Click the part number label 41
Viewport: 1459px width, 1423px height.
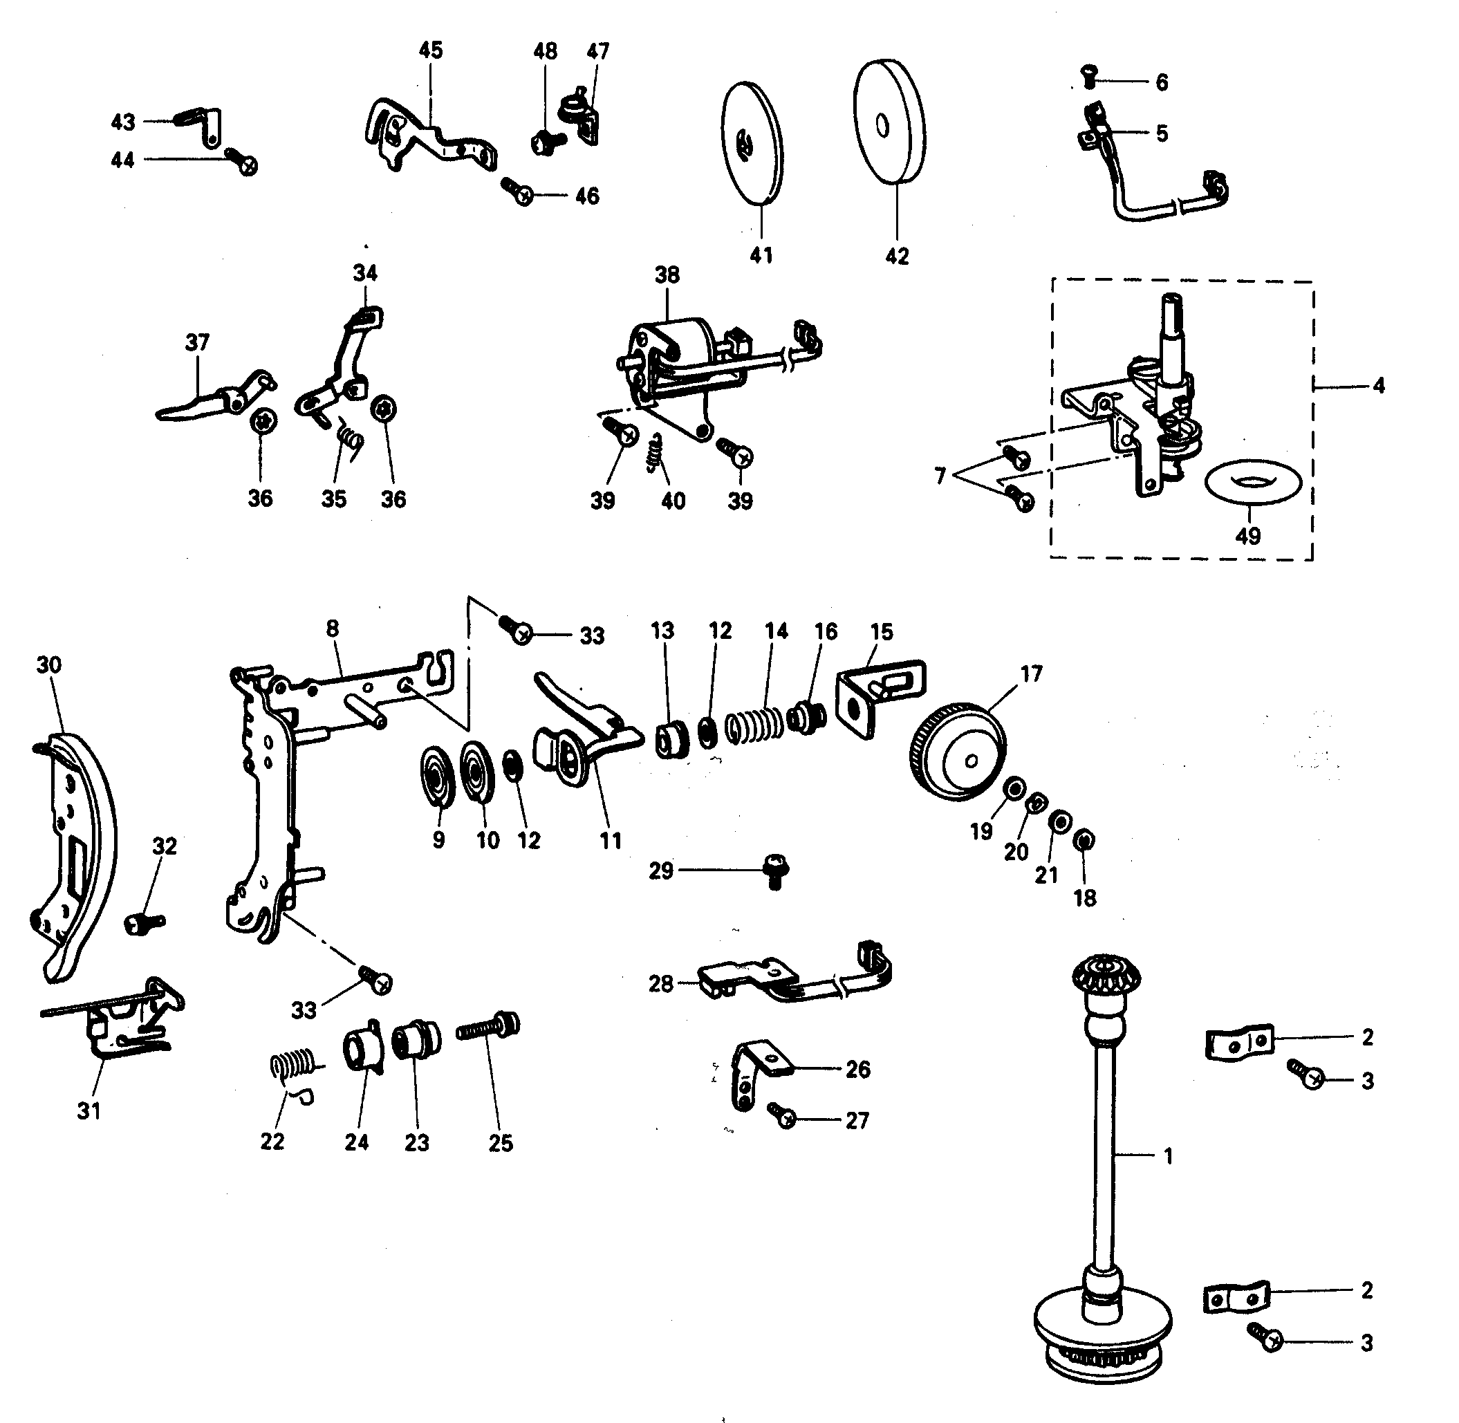click(x=761, y=255)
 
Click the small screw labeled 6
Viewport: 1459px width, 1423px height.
click(x=1090, y=75)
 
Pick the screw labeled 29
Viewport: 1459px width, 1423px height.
click(x=775, y=872)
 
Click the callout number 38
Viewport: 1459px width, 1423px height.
click(x=667, y=275)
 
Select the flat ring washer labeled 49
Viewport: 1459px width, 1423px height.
click(x=1254, y=482)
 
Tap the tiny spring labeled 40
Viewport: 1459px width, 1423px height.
click(x=656, y=453)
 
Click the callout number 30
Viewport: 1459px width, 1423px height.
click(x=48, y=664)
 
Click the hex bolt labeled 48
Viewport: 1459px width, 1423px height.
click(x=543, y=142)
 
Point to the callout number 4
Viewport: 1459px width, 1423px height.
click(x=1377, y=386)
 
